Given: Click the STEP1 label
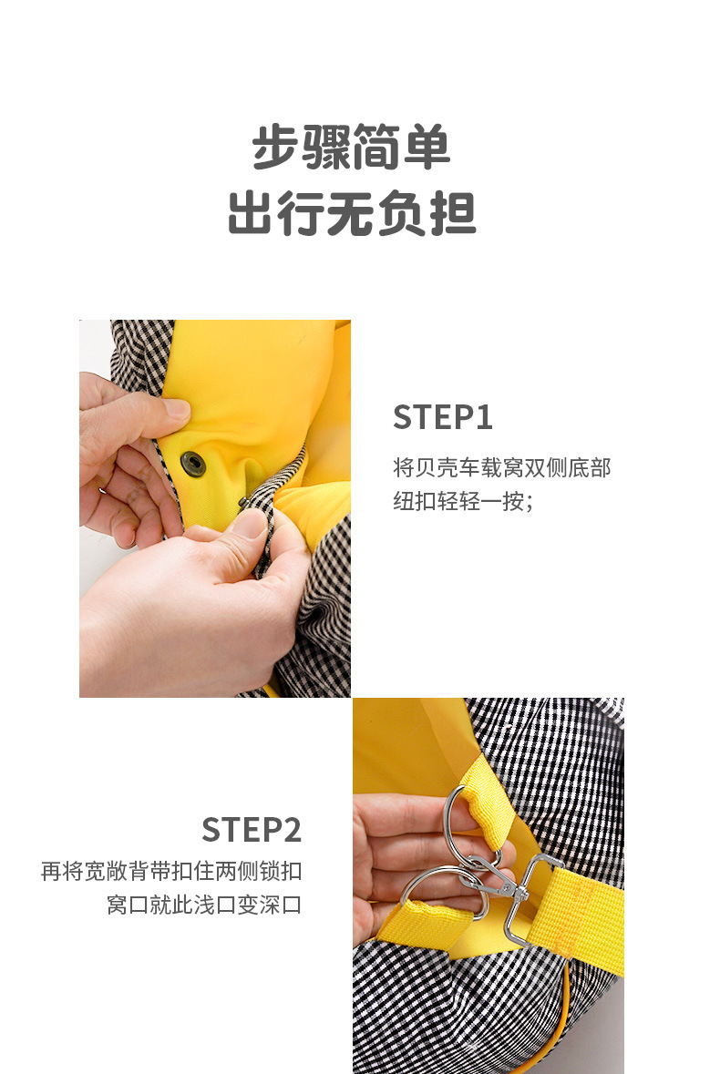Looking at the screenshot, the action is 443,417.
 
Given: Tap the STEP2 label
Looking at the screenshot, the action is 252,830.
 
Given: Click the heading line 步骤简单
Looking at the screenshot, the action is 352,148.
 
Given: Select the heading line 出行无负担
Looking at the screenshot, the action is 352,214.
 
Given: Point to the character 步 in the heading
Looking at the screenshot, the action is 276,148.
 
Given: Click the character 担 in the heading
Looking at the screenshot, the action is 452,214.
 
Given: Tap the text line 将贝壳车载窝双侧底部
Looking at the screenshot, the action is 501,468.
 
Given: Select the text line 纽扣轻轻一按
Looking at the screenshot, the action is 463,501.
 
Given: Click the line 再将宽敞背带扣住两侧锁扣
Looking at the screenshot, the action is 171,871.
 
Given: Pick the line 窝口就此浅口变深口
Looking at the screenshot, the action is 204,905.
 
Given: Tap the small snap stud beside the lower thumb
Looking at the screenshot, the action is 243,504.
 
